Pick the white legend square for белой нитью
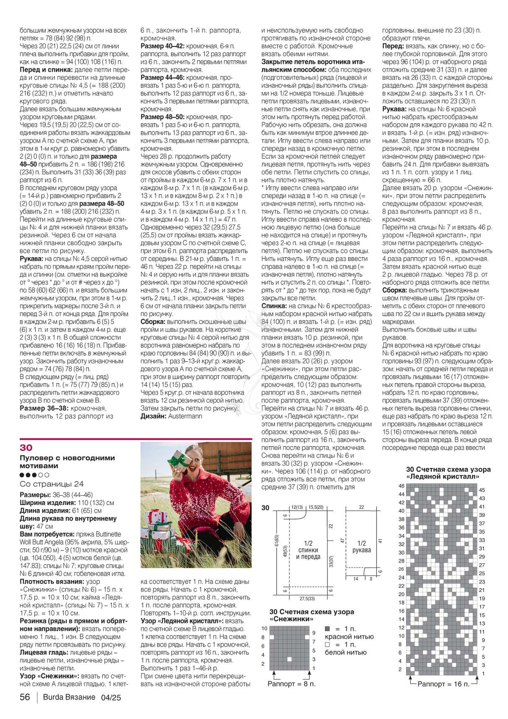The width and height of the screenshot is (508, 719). coord(327,645)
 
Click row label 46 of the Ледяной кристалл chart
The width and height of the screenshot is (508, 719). coord(401,486)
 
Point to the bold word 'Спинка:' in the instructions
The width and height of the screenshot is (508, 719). coord(274,306)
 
